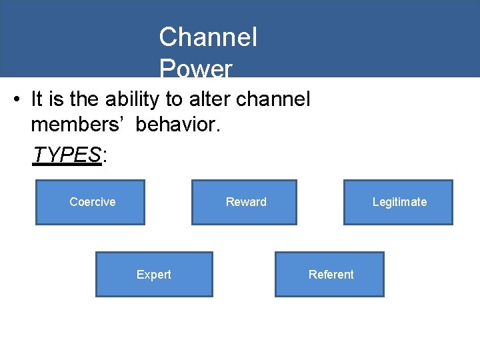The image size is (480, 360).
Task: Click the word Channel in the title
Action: tap(208, 37)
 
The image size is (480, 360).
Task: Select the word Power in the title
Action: tap(195, 69)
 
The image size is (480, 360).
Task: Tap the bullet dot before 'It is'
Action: tap(17, 101)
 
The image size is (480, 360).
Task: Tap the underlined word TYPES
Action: tap(67, 155)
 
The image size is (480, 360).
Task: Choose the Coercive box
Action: tap(90, 202)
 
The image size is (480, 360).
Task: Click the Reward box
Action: tap(244, 202)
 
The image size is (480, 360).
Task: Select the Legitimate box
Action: tap(398, 202)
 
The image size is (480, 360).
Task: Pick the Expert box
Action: tap(154, 274)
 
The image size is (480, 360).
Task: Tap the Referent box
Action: tap(329, 274)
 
